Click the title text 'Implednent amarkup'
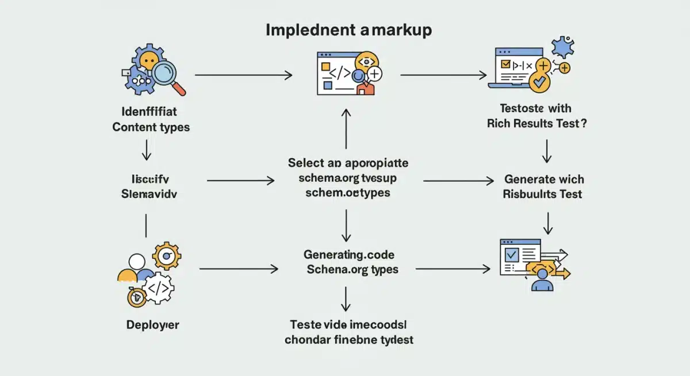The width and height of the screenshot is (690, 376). (x=348, y=30)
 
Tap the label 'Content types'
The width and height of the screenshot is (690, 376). (x=151, y=127)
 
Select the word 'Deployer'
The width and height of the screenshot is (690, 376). (x=152, y=325)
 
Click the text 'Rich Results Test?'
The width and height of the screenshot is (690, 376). (x=536, y=123)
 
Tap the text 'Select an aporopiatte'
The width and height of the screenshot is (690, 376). (x=348, y=163)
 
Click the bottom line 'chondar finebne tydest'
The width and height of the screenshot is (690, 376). (x=349, y=339)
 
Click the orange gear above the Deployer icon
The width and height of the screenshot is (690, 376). (x=167, y=255)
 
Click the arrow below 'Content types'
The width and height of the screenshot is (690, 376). (x=146, y=149)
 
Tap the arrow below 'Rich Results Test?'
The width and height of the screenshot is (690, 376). (x=547, y=151)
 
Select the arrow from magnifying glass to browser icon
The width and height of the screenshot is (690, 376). (x=244, y=75)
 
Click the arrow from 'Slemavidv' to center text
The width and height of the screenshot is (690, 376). (x=240, y=181)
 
